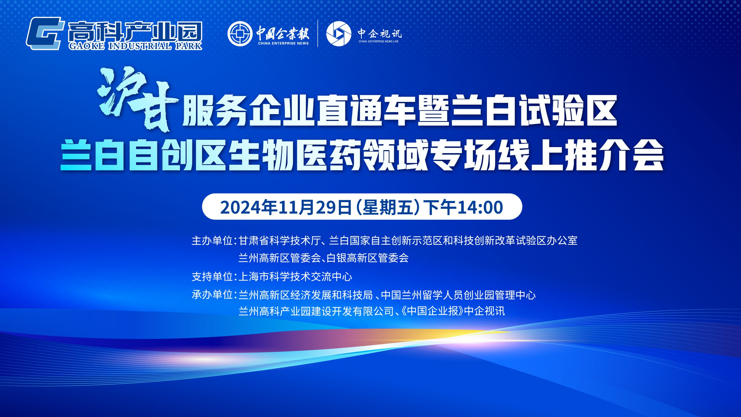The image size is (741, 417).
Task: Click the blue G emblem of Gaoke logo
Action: (x=45, y=33)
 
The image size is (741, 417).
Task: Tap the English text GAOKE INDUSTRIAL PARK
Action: (x=135, y=46)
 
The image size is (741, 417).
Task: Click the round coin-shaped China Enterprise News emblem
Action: (x=240, y=34)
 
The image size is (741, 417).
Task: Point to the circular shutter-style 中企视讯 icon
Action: (x=339, y=34)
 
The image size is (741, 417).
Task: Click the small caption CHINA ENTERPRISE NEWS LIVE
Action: (x=379, y=41)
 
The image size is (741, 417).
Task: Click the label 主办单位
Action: (x=212, y=241)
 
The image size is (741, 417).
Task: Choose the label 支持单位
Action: (x=212, y=277)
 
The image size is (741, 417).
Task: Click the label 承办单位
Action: (x=212, y=295)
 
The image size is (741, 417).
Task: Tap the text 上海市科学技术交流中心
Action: (x=295, y=277)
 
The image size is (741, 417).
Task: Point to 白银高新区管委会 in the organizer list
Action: (x=368, y=258)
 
